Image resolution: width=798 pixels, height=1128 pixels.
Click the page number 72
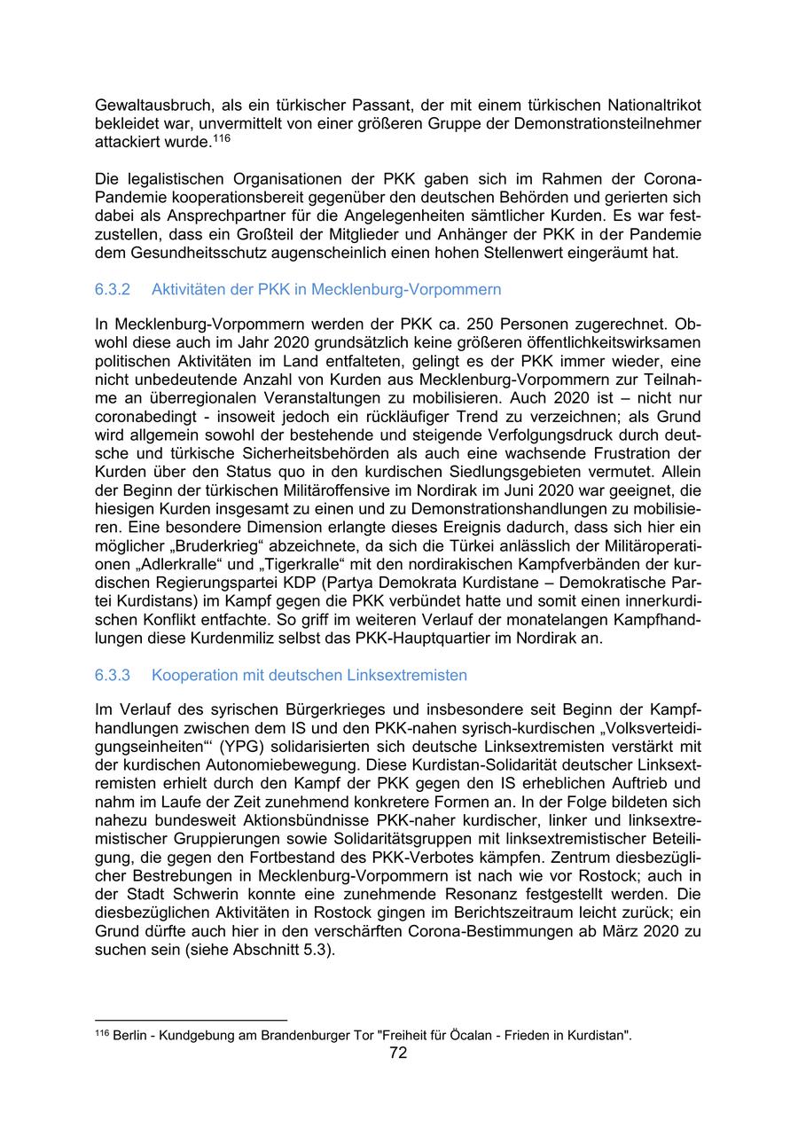point(398,1054)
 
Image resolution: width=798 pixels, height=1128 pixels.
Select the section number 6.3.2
point(113,289)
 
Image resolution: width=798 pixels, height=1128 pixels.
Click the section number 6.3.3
point(113,675)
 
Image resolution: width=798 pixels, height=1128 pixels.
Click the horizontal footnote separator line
point(191,1020)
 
